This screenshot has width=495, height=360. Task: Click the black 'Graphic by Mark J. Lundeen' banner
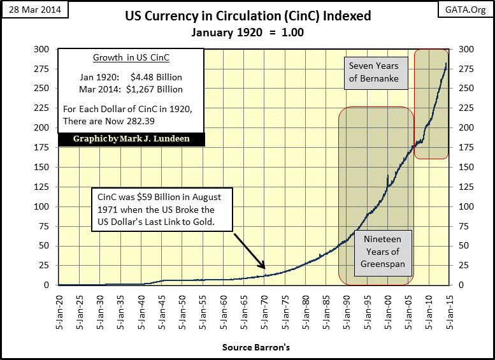133,139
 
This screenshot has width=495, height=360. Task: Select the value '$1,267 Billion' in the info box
154,89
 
